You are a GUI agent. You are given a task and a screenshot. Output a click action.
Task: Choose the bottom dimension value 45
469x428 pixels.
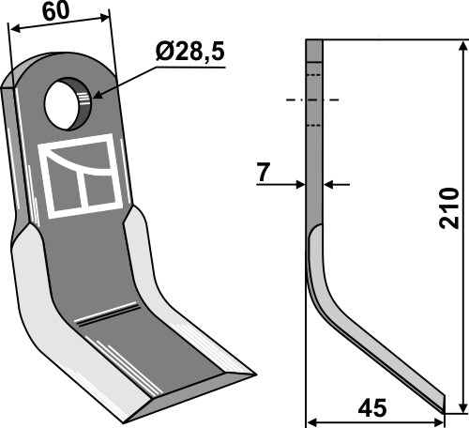click(373, 409)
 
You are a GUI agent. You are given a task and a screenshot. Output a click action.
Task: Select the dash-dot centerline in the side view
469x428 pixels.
click(314, 99)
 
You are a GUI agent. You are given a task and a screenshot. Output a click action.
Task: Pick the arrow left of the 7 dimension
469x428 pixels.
click(299, 185)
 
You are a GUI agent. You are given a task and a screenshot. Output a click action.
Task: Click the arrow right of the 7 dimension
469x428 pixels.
click(330, 185)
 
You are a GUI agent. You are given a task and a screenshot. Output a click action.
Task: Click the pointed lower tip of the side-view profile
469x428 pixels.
click(443, 407)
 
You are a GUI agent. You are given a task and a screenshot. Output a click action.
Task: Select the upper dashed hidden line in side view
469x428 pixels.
click(314, 74)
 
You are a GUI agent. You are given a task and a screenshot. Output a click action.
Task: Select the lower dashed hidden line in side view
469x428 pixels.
click(314, 125)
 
